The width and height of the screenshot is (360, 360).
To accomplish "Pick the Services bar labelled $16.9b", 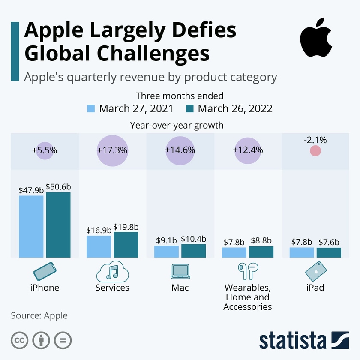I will [x=99, y=246].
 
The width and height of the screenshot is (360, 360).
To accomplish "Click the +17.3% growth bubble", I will [x=113, y=150].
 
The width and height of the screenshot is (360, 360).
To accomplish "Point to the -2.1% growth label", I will [x=315, y=140].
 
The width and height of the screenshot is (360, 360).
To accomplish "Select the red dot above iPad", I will [x=315, y=151].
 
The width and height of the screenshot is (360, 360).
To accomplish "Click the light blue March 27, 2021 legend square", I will [x=91, y=108].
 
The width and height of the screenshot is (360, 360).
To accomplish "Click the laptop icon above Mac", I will [x=180, y=271].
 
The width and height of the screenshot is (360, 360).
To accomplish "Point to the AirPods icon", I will [x=247, y=271].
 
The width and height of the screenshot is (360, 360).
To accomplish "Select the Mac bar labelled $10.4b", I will [x=193, y=251].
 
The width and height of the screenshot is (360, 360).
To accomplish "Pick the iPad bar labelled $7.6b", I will [x=329, y=252].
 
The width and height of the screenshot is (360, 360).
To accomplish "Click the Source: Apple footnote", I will [x=39, y=316].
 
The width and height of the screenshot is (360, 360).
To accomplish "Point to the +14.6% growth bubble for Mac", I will [x=180, y=150].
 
